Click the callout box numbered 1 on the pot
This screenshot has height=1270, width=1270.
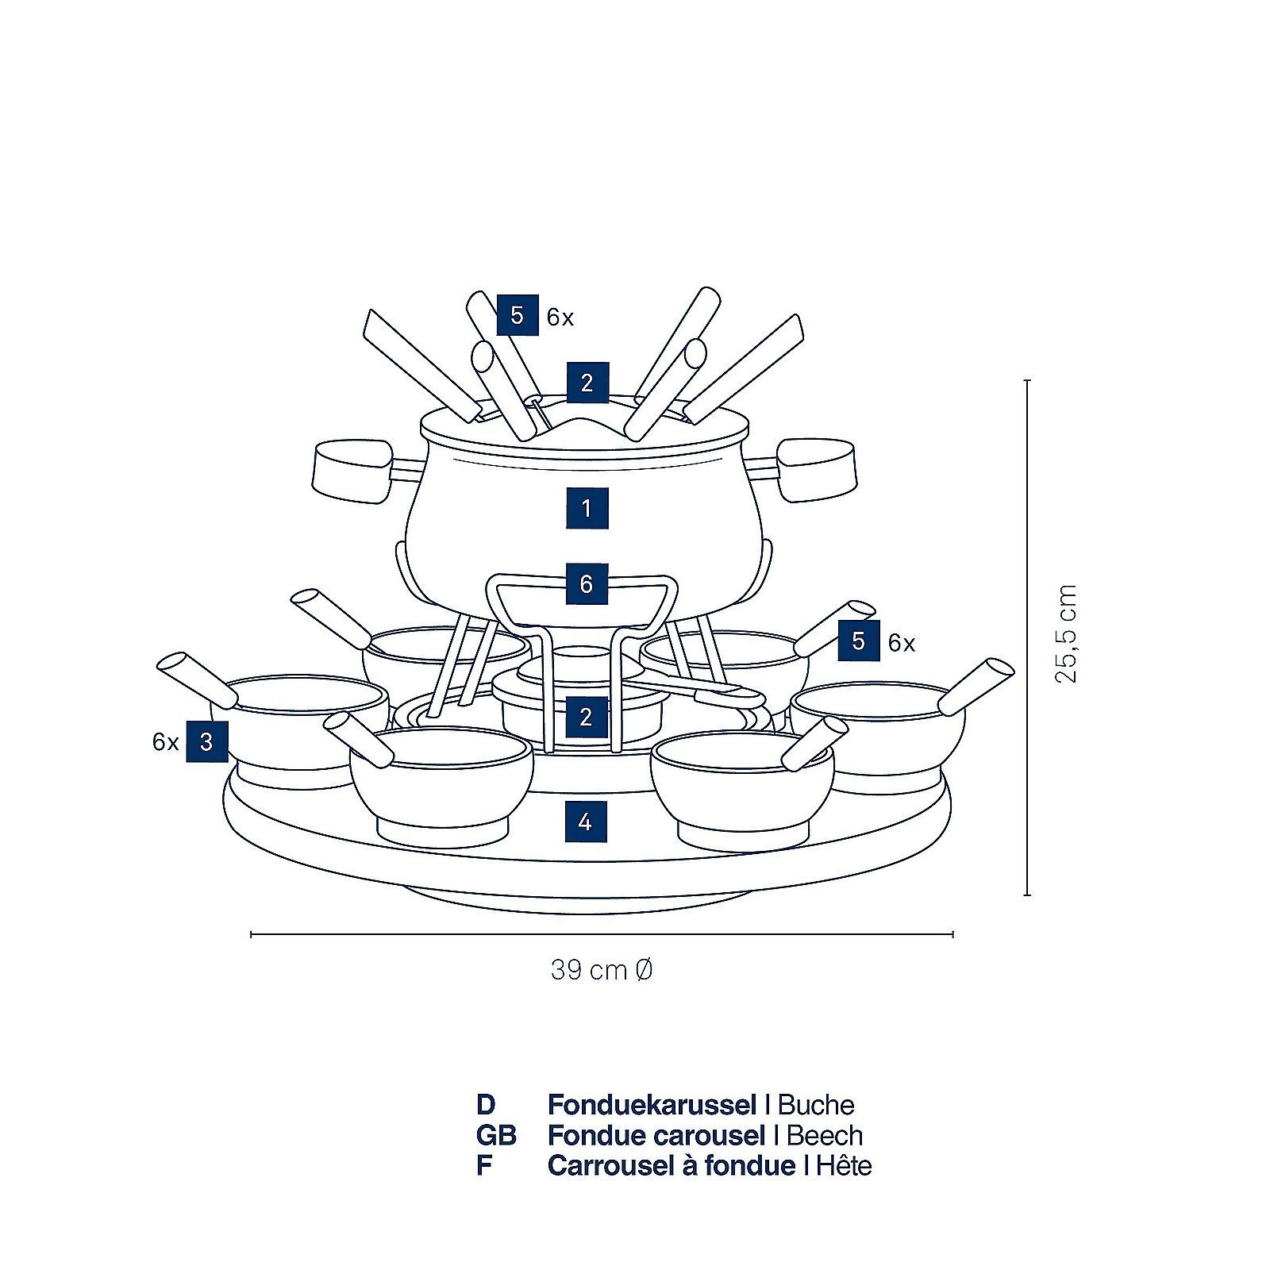(x=587, y=507)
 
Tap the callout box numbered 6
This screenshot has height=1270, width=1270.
(x=587, y=584)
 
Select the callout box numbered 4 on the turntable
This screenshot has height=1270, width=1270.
(x=586, y=822)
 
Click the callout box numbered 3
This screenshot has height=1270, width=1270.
(x=206, y=741)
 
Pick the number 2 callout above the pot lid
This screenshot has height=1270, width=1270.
(x=587, y=383)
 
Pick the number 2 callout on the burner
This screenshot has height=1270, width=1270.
(x=586, y=717)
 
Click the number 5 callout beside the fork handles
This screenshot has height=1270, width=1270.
(x=518, y=315)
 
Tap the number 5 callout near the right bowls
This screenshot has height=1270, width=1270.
(x=859, y=641)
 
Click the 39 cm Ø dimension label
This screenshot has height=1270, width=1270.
(x=602, y=970)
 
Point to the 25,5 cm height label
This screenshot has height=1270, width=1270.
(x=1066, y=633)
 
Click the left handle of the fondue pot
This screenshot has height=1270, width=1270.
(x=353, y=471)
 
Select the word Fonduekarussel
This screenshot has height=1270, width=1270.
(x=652, y=1105)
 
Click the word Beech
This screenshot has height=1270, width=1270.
(x=824, y=1135)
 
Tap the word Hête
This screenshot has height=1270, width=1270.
(x=843, y=1165)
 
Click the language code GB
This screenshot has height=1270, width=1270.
(x=496, y=1135)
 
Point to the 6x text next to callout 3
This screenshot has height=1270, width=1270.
(x=165, y=742)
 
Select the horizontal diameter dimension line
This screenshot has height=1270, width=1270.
(x=602, y=934)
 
